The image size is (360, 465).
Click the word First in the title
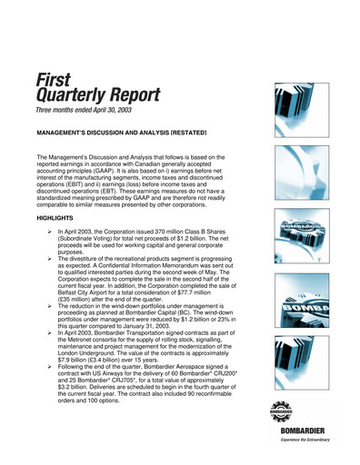[x=52, y=80]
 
